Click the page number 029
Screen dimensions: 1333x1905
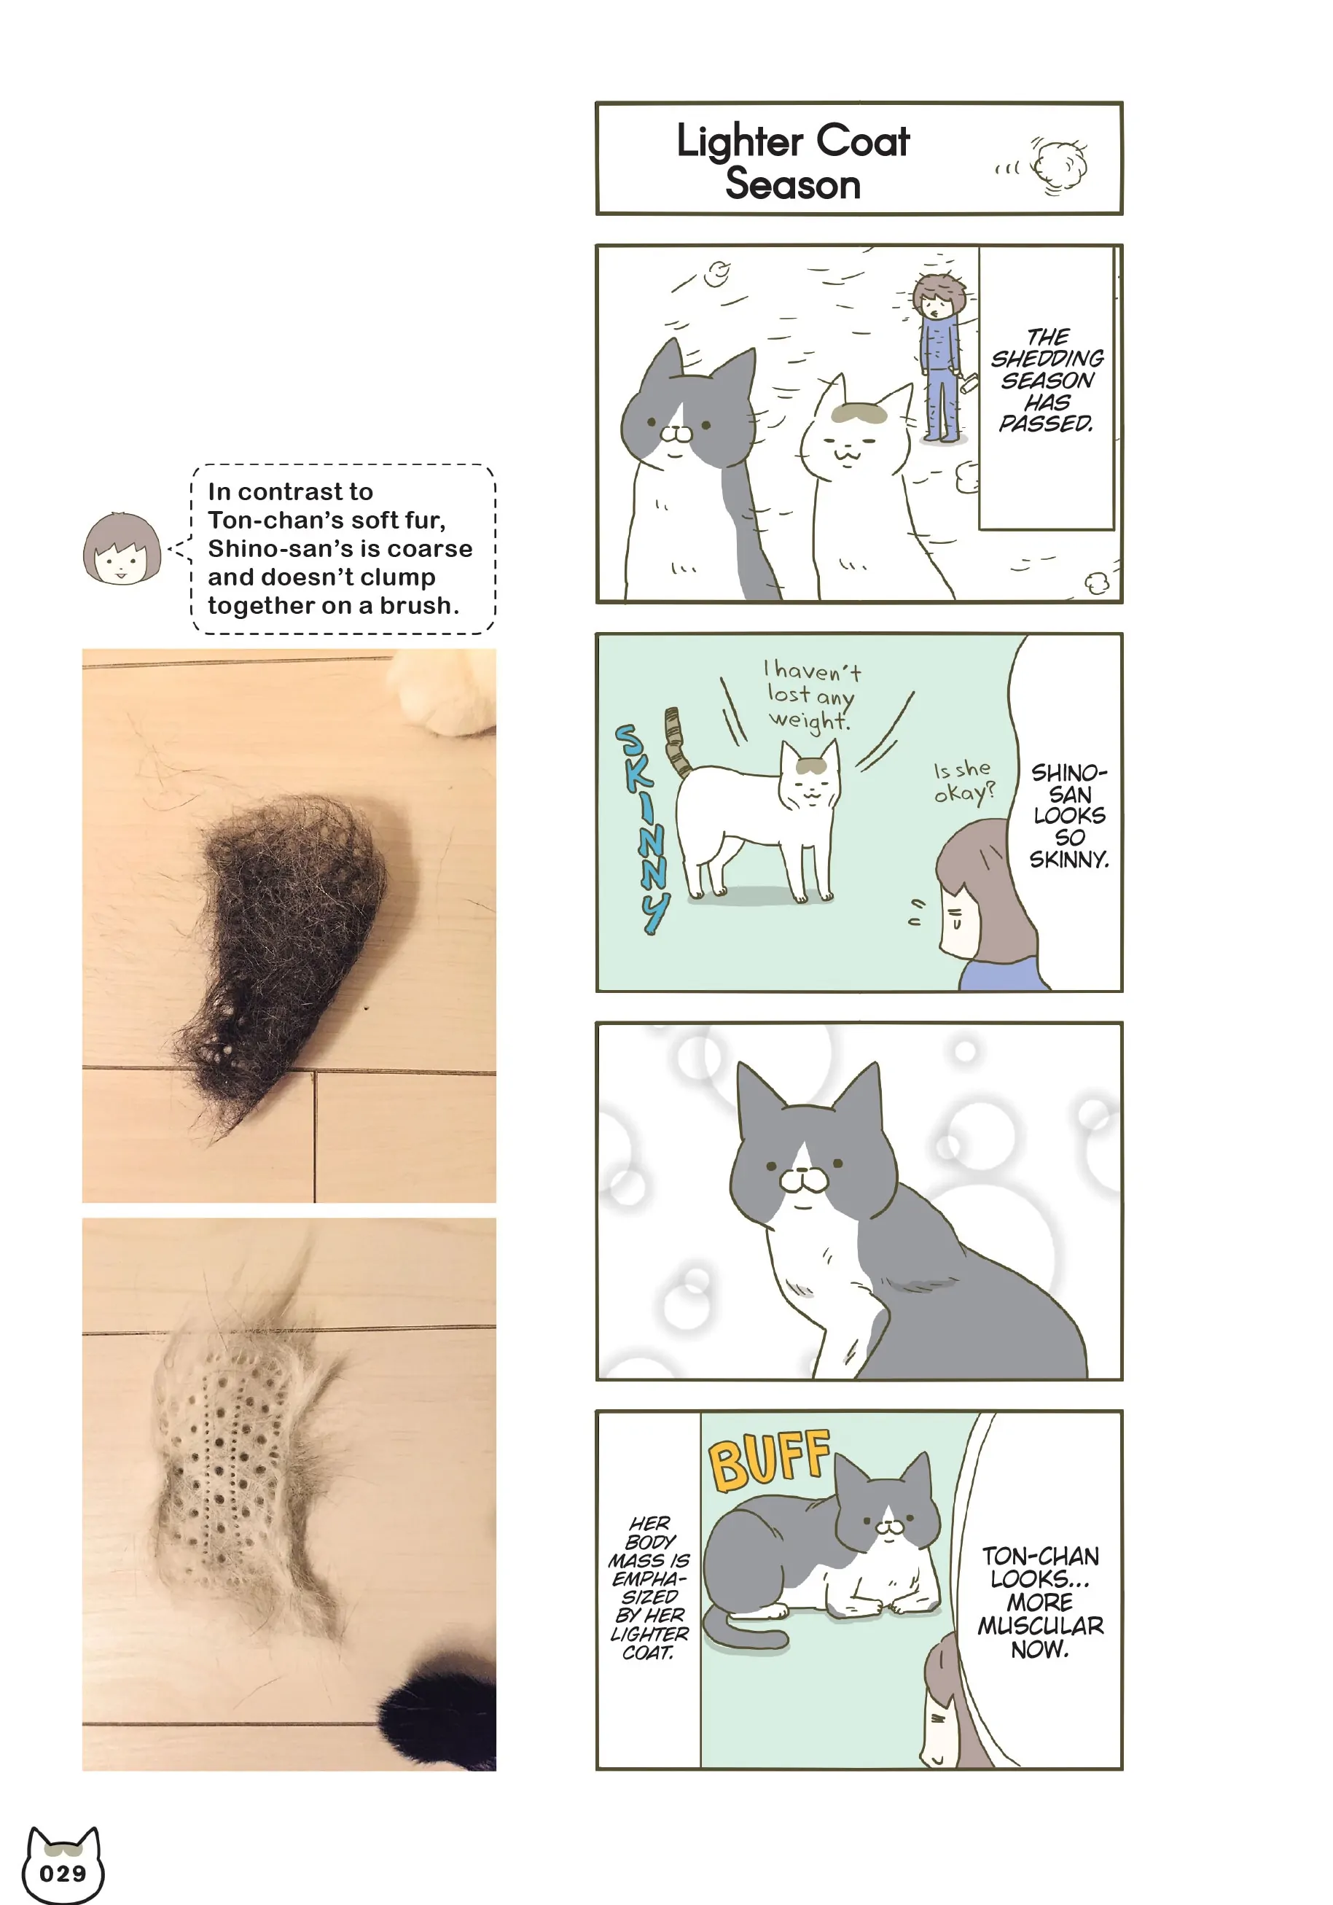click(x=63, y=1874)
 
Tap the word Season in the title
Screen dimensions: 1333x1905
click(x=793, y=184)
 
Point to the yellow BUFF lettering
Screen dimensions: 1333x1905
click(x=769, y=1460)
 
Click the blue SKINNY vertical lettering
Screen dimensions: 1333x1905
click(x=643, y=829)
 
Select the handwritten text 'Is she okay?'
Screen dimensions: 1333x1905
click(x=963, y=782)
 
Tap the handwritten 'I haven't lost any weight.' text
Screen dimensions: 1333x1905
click(x=810, y=695)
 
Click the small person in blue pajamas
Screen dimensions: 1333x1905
click(x=941, y=357)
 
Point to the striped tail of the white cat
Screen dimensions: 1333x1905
click(x=677, y=741)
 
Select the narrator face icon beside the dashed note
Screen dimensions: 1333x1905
click(x=121, y=548)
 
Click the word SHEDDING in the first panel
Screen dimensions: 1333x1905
click(x=1047, y=359)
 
